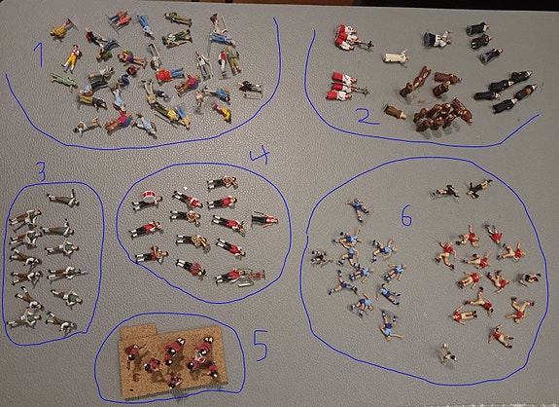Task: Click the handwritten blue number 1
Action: coord(39,55)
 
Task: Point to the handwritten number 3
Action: coord(42,171)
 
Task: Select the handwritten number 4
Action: coord(260,155)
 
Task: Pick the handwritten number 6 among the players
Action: coord(406,215)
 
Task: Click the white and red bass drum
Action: coord(149,195)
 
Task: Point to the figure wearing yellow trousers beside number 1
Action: coord(72,56)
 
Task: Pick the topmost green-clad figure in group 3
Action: coord(63,199)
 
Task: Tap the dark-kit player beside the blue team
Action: coord(320,257)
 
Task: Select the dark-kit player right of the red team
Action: coord(530,278)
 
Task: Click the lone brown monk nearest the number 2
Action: coord(395,112)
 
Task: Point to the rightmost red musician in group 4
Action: coord(264,219)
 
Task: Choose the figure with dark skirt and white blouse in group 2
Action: coord(437,39)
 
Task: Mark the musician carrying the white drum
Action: coord(147,201)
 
